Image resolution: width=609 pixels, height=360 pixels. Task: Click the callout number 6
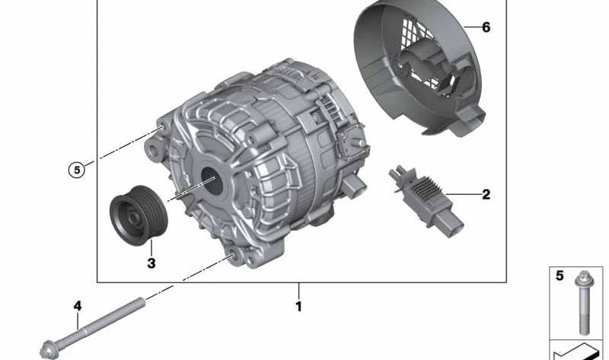click(x=486, y=27)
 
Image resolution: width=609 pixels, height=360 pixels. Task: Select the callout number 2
click(x=486, y=194)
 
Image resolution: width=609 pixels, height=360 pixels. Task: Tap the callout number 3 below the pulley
click(x=151, y=263)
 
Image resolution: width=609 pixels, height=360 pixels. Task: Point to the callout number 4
click(x=78, y=306)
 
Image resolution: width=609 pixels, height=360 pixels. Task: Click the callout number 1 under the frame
click(x=298, y=307)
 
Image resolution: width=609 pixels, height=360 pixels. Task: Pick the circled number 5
click(x=77, y=170)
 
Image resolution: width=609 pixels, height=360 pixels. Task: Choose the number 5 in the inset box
click(x=560, y=276)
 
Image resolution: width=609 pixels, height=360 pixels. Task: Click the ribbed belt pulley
click(x=139, y=215)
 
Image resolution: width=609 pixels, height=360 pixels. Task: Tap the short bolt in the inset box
click(x=584, y=302)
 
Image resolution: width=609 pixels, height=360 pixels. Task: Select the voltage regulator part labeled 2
click(x=426, y=201)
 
